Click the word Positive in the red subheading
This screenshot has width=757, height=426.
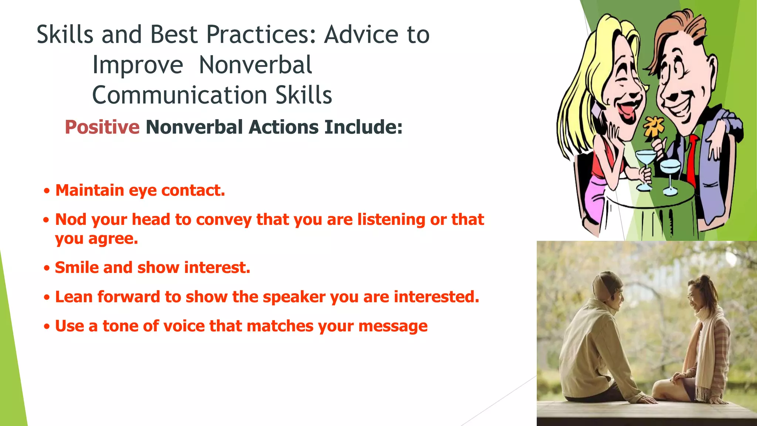pos(102,127)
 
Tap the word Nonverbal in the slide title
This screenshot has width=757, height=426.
pos(255,65)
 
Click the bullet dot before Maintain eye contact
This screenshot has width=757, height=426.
pos(46,191)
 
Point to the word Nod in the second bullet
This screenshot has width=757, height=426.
pos(71,219)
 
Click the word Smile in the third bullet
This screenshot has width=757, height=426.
pos(77,267)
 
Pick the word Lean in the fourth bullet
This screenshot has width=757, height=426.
pos(74,297)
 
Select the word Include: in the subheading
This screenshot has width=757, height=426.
pos(363,127)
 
